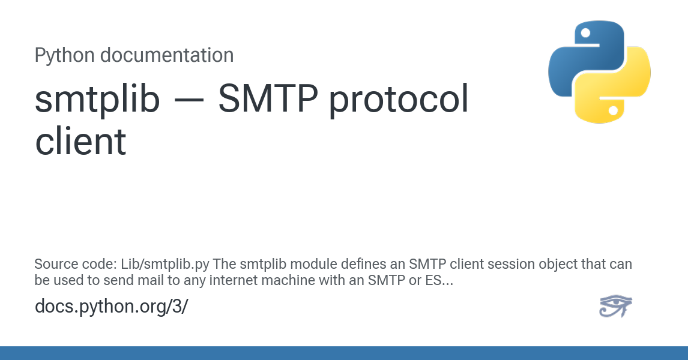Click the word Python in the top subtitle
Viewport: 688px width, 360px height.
point(64,56)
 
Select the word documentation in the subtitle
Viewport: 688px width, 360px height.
point(167,55)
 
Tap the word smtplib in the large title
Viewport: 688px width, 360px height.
point(97,98)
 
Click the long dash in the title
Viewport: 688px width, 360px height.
point(189,100)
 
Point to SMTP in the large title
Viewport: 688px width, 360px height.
point(268,98)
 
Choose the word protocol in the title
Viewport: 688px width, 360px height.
point(399,100)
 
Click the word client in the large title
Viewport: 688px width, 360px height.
point(80,141)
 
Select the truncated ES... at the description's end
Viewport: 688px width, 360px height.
point(439,280)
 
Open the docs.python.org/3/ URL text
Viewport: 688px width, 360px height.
point(112,307)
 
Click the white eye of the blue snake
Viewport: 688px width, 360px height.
point(585,32)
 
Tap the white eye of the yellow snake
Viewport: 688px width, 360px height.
point(614,110)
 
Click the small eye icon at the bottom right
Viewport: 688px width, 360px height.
point(615,305)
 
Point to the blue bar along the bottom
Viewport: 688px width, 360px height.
point(344,353)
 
